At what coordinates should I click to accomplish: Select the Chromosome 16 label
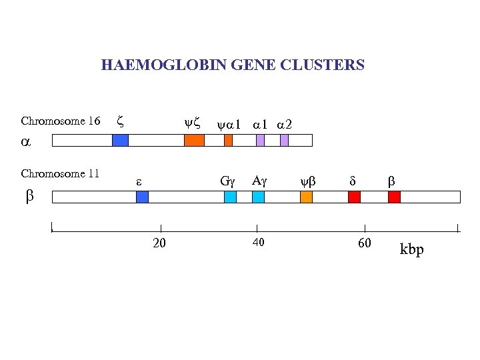tap(61, 121)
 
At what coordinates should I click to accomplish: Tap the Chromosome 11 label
tap(60, 174)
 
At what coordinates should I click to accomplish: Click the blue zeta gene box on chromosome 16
tap(120, 140)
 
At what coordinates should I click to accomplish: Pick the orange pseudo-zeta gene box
tap(194, 140)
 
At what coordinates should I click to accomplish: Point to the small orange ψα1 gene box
tap(228, 140)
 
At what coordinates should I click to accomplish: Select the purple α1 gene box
tap(260, 140)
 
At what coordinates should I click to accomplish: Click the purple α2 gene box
tap(284, 140)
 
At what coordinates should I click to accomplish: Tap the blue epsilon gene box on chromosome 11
tap(142, 197)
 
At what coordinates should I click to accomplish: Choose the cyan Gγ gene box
tap(230, 197)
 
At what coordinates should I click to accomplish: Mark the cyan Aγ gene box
tap(259, 197)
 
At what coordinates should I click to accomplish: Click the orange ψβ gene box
tap(307, 197)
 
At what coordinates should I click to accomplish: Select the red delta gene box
tap(354, 197)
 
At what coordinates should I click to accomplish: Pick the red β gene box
tap(394, 197)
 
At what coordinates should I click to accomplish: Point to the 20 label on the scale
tap(159, 243)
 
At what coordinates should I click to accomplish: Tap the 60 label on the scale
tap(364, 243)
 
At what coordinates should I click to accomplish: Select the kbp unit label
tap(411, 250)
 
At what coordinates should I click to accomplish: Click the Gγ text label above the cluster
tap(228, 180)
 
